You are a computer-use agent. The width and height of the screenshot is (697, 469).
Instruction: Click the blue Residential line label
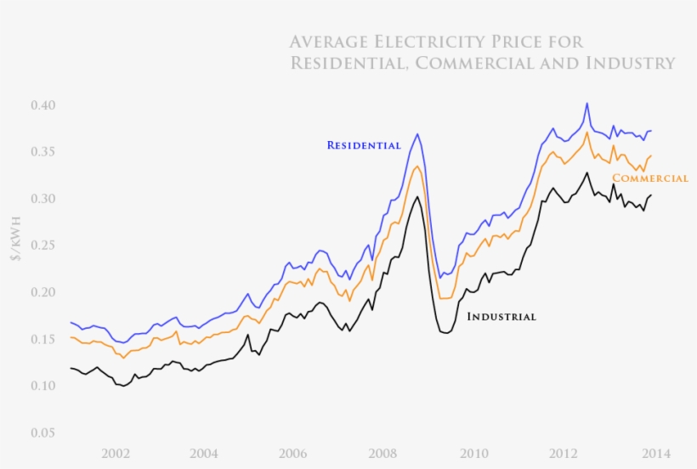[x=364, y=145]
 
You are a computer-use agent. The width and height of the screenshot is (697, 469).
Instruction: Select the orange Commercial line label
[x=650, y=178]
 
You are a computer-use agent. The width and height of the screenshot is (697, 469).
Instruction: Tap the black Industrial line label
[x=501, y=317]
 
